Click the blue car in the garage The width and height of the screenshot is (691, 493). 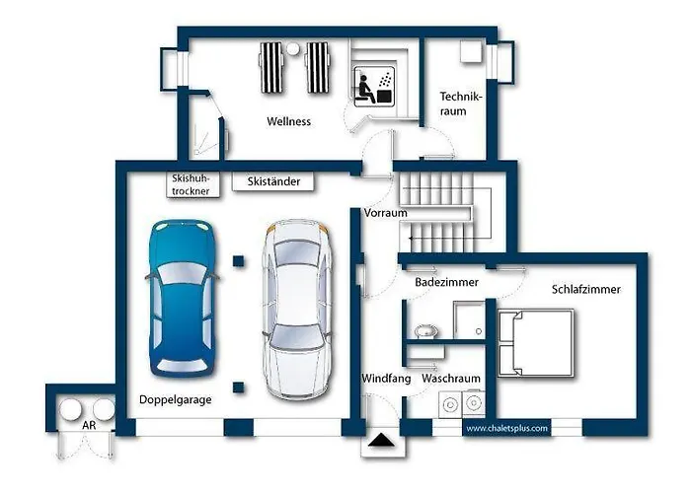point(182,299)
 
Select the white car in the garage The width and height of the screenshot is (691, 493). point(296,309)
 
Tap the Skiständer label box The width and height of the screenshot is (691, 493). point(273,181)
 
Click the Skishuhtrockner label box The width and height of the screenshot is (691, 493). point(192,184)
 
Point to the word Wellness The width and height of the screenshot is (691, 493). point(288,121)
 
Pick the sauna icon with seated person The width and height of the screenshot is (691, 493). point(374,87)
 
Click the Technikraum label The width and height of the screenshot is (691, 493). point(461,104)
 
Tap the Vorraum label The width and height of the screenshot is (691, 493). point(385,213)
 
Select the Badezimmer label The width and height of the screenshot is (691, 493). point(446,282)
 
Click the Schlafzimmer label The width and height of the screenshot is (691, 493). point(586,289)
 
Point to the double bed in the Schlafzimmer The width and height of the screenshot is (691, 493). point(536,342)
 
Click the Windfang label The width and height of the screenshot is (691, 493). point(386,379)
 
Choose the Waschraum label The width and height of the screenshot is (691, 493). point(451,379)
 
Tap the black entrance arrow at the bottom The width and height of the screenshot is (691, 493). point(381,440)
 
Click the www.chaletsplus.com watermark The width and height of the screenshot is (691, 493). point(506,428)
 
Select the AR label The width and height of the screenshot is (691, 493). point(89,425)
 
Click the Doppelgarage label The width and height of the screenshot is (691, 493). point(176,399)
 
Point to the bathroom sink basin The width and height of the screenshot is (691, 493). point(425,330)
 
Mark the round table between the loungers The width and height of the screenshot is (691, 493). point(292,49)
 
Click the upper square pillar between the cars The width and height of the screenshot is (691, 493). point(239,261)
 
